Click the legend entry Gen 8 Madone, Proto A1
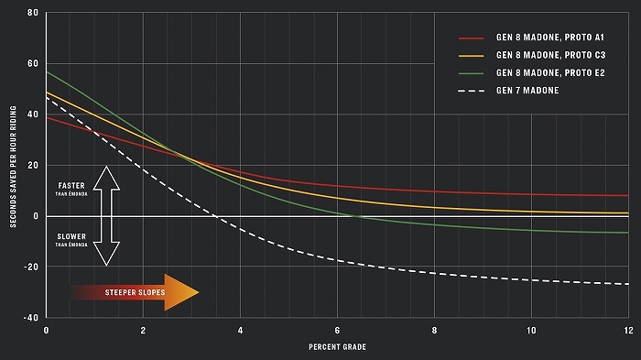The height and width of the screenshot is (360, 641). point(549,38)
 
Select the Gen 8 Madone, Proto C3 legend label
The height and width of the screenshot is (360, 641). point(550,55)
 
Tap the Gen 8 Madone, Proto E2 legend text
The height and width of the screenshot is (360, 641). point(550,72)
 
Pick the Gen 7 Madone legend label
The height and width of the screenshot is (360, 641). point(527,91)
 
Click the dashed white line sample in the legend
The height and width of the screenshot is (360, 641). point(472,91)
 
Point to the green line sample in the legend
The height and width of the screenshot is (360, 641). point(472,73)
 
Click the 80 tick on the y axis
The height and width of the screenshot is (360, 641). point(33,13)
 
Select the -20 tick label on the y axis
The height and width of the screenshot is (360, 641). point(30,267)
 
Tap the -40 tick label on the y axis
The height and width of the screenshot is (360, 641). point(30,318)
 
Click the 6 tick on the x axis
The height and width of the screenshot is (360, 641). point(337,330)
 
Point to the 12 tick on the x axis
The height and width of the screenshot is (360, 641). point(628,330)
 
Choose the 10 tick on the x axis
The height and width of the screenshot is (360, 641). point(531,330)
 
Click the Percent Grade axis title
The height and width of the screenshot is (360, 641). point(337,347)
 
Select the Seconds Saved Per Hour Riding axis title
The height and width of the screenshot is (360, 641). point(13,167)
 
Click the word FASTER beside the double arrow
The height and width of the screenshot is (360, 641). point(71,185)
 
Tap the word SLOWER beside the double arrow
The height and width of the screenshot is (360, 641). point(71,236)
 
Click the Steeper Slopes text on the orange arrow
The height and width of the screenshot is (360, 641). point(135,292)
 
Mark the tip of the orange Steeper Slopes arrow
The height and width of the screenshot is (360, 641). point(199,292)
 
